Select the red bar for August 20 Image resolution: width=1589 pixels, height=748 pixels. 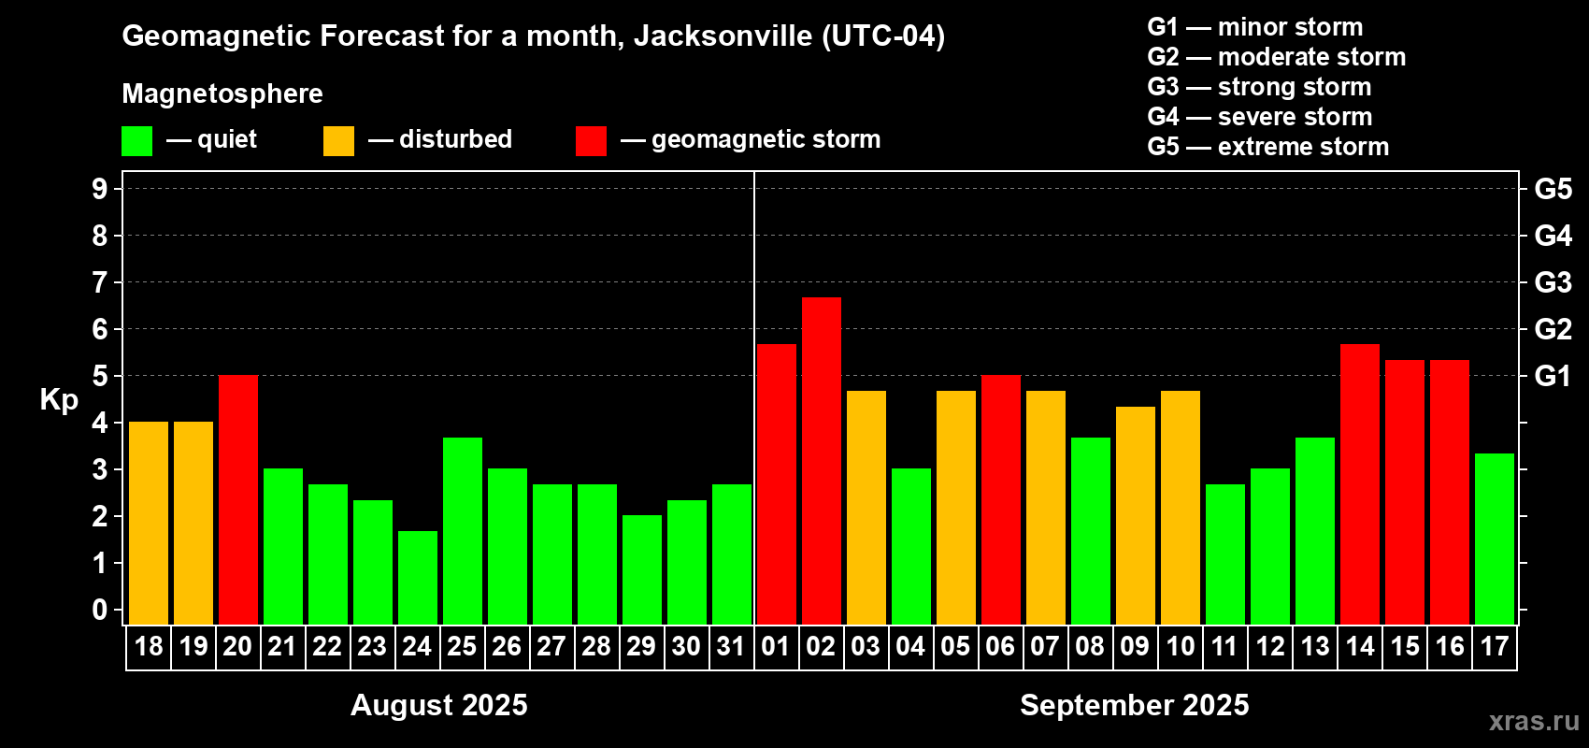238,499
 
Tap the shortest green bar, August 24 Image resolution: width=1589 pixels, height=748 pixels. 418,577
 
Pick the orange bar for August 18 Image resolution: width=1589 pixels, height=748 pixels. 149,523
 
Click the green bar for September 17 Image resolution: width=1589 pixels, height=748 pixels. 1495,539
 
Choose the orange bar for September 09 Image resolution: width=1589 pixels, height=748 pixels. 1136,515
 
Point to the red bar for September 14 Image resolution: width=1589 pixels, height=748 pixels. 1360,483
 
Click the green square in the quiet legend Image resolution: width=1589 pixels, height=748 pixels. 137,141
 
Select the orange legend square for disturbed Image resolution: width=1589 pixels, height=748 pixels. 339,141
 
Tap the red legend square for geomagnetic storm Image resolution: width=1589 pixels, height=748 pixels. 592,141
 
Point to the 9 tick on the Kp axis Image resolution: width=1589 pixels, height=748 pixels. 100,189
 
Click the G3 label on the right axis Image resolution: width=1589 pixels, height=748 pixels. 1553,282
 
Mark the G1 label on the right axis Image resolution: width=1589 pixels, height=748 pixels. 1553,376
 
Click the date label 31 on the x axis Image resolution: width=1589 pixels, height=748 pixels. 731,646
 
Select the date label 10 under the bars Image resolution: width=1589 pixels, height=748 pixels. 1181,646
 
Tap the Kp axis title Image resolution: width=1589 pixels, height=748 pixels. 59,400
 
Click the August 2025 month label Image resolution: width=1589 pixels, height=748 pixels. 439,705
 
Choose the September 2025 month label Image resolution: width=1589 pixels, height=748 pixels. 1135,705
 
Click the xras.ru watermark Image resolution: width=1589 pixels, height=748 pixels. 1534,721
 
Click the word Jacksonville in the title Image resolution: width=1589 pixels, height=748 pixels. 723,36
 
